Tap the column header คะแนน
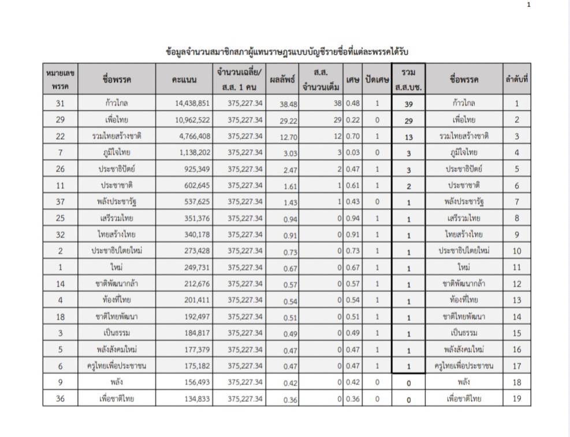(x=184, y=80)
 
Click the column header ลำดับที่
(x=516, y=80)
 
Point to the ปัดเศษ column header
(x=377, y=80)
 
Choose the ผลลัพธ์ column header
(x=282, y=80)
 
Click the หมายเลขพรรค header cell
(x=60, y=80)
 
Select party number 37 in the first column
(x=60, y=202)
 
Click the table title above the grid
(x=287, y=52)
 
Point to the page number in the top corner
(x=528, y=5)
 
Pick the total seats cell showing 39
(x=408, y=105)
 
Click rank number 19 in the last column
(x=516, y=398)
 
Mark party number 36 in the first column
(x=60, y=398)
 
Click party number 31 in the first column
(x=60, y=104)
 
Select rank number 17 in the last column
(x=516, y=366)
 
